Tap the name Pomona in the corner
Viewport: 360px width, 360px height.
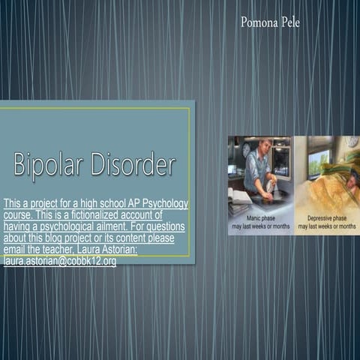pos(257,22)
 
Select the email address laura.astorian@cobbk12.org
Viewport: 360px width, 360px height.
pos(59,261)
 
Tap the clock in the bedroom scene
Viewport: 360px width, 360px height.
pos(351,142)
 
